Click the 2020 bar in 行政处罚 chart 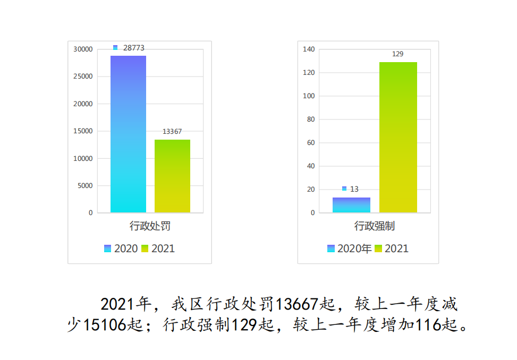tap(128, 134)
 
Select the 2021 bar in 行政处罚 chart tap(172, 176)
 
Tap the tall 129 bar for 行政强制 tap(398, 137)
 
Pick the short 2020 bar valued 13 tap(351, 205)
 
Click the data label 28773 tap(133, 48)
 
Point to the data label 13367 tap(172, 131)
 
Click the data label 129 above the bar tap(397, 54)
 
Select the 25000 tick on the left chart tap(83, 76)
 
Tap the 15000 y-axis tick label tap(83, 131)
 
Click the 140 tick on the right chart tap(309, 49)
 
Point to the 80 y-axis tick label tap(311, 119)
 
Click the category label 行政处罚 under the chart tap(150, 226)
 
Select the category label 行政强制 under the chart tap(375, 226)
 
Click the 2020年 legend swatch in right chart tap(331, 248)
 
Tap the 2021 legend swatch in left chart tap(145, 248)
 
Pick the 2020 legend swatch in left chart tap(107, 248)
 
